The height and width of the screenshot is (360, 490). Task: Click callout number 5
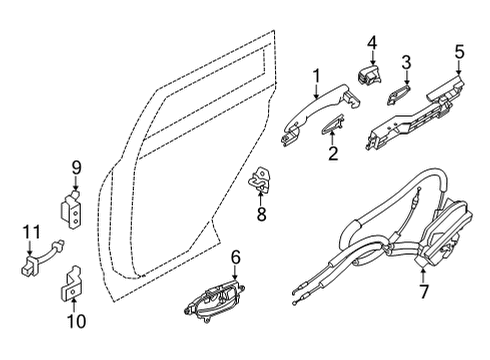[459, 50]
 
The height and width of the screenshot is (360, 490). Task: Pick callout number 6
[235, 258]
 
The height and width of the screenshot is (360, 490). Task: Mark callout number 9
[75, 168]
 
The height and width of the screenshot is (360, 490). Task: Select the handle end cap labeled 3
[399, 93]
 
